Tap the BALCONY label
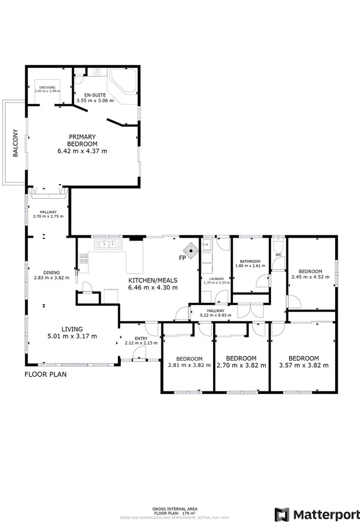click(x=16, y=142)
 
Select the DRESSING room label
click(x=47, y=87)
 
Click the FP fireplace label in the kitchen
click(x=182, y=257)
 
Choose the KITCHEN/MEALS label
click(x=153, y=280)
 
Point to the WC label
click(x=278, y=255)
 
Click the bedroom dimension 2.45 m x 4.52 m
click(x=310, y=277)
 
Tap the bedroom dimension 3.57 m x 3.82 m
click(x=304, y=366)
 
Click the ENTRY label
click(x=141, y=338)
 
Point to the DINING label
click(x=52, y=273)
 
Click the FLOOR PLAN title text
click(x=45, y=374)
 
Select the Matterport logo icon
click(x=282, y=514)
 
